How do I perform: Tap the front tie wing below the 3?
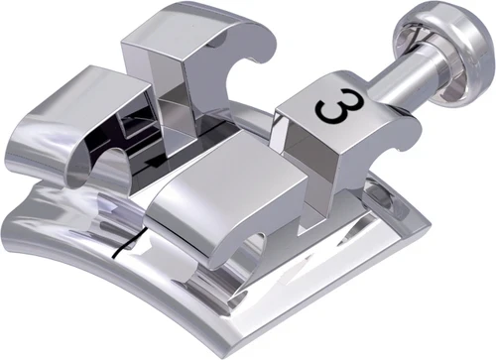(x=223, y=193)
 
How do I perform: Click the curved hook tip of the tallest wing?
(x=255, y=40)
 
